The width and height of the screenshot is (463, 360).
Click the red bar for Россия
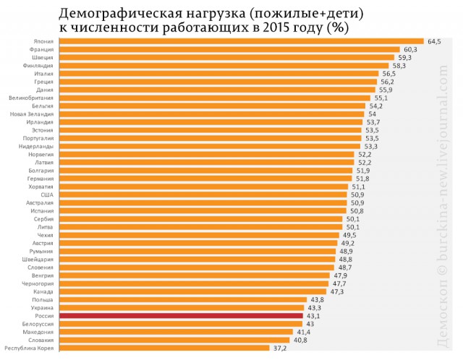click(181, 316)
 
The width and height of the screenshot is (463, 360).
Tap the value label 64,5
click(434, 41)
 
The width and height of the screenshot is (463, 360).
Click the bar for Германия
click(205, 179)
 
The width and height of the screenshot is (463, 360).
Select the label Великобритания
click(30, 98)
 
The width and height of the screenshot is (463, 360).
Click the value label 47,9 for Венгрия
click(341, 275)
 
